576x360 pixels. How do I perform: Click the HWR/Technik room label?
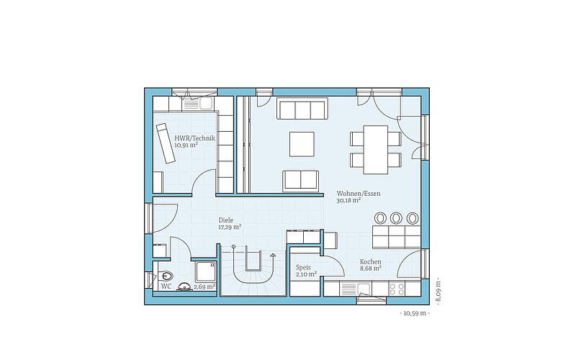pyautogui.click(x=194, y=138)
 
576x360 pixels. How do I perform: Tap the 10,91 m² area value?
pyautogui.click(x=186, y=145)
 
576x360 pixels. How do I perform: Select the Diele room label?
pyautogui.click(x=226, y=220)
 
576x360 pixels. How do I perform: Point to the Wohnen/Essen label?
pyautogui.click(x=359, y=194)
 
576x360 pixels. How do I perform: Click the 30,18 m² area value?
pyautogui.click(x=348, y=201)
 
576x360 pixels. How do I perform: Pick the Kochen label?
pyautogui.click(x=370, y=262)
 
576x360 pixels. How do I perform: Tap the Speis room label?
pyautogui.click(x=303, y=267)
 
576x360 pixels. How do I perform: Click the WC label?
pyautogui.click(x=166, y=287)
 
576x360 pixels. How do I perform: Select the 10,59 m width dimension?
pyautogui.click(x=415, y=313)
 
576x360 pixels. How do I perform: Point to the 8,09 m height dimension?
pyautogui.click(x=438, y=292)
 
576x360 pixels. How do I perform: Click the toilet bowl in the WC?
pyautogui.click(x=165, y=275)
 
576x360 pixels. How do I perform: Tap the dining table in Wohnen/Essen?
pyautogui.click(x=375, y=150)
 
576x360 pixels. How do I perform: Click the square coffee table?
pyautogui.click(x=302, y=145)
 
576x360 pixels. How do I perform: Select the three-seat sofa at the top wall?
pyautogui.click(x=302, y=109)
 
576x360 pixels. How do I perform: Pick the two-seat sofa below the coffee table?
pyautogui.click(x=300, y=181)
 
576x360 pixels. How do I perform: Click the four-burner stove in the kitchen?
pyautogui.click(x=397, y=289)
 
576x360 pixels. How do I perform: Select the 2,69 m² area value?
pyautogui.click(x=204, y=287)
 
